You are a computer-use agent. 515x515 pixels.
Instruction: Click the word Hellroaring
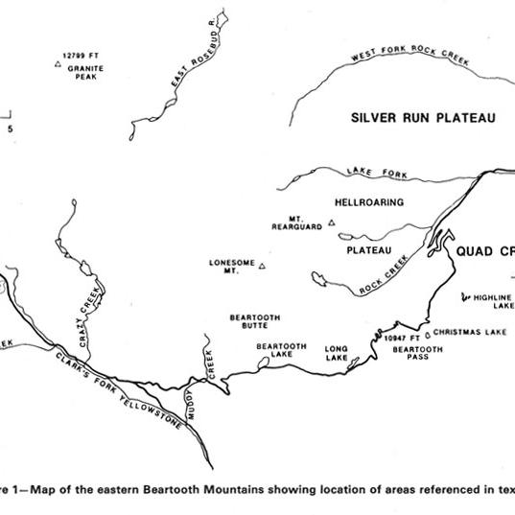click(x=368, y=202)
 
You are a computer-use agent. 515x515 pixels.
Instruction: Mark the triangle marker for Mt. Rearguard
click(x=332, y=222)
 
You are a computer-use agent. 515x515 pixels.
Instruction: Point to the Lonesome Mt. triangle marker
click(x=261, y=268)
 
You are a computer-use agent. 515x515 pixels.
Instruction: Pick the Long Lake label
click(x=336, y=354)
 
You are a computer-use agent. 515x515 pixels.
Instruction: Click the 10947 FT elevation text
click(x=402, y=339)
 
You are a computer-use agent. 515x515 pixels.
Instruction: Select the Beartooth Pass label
click(x=418, y=354)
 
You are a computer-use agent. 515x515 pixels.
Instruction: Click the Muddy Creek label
click(x=212, y=369)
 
